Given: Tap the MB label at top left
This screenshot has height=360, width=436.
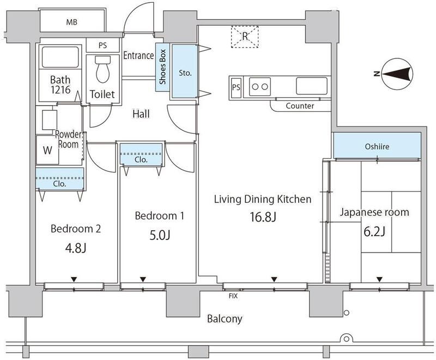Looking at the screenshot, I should tap(71, 22).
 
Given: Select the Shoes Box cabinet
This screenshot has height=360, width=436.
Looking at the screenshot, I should tap(162, 67).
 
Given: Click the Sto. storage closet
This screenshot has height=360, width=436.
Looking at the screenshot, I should tap(184, 71).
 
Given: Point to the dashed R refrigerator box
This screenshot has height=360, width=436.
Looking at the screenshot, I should tap(245, 37).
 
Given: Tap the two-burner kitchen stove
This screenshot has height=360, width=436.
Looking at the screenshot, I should tap(259, 86).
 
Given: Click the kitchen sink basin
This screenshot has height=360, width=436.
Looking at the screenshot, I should tap(311, 86).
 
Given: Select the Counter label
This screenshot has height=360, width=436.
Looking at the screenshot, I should tap(300, 106).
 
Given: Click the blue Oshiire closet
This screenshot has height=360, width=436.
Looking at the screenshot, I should tap(377, 147).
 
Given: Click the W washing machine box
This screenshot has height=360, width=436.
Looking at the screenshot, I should tap(48, 151).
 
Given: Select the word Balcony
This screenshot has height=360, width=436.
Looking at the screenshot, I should tap(224, 319).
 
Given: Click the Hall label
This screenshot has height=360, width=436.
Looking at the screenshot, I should tap(141, 114).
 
